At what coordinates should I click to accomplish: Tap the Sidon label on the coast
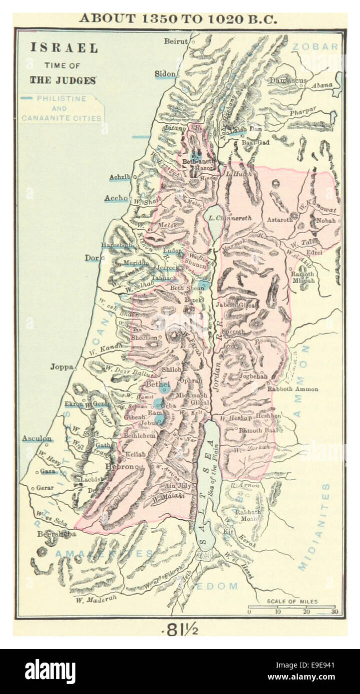tap(165, 73)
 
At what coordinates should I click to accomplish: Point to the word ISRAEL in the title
tap(64, 48)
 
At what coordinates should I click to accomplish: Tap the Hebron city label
tap(120, 467)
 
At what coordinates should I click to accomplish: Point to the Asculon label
tap(36, 438)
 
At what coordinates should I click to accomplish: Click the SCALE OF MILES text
tap(292, 602)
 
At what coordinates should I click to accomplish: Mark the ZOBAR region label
tap(315, 46)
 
